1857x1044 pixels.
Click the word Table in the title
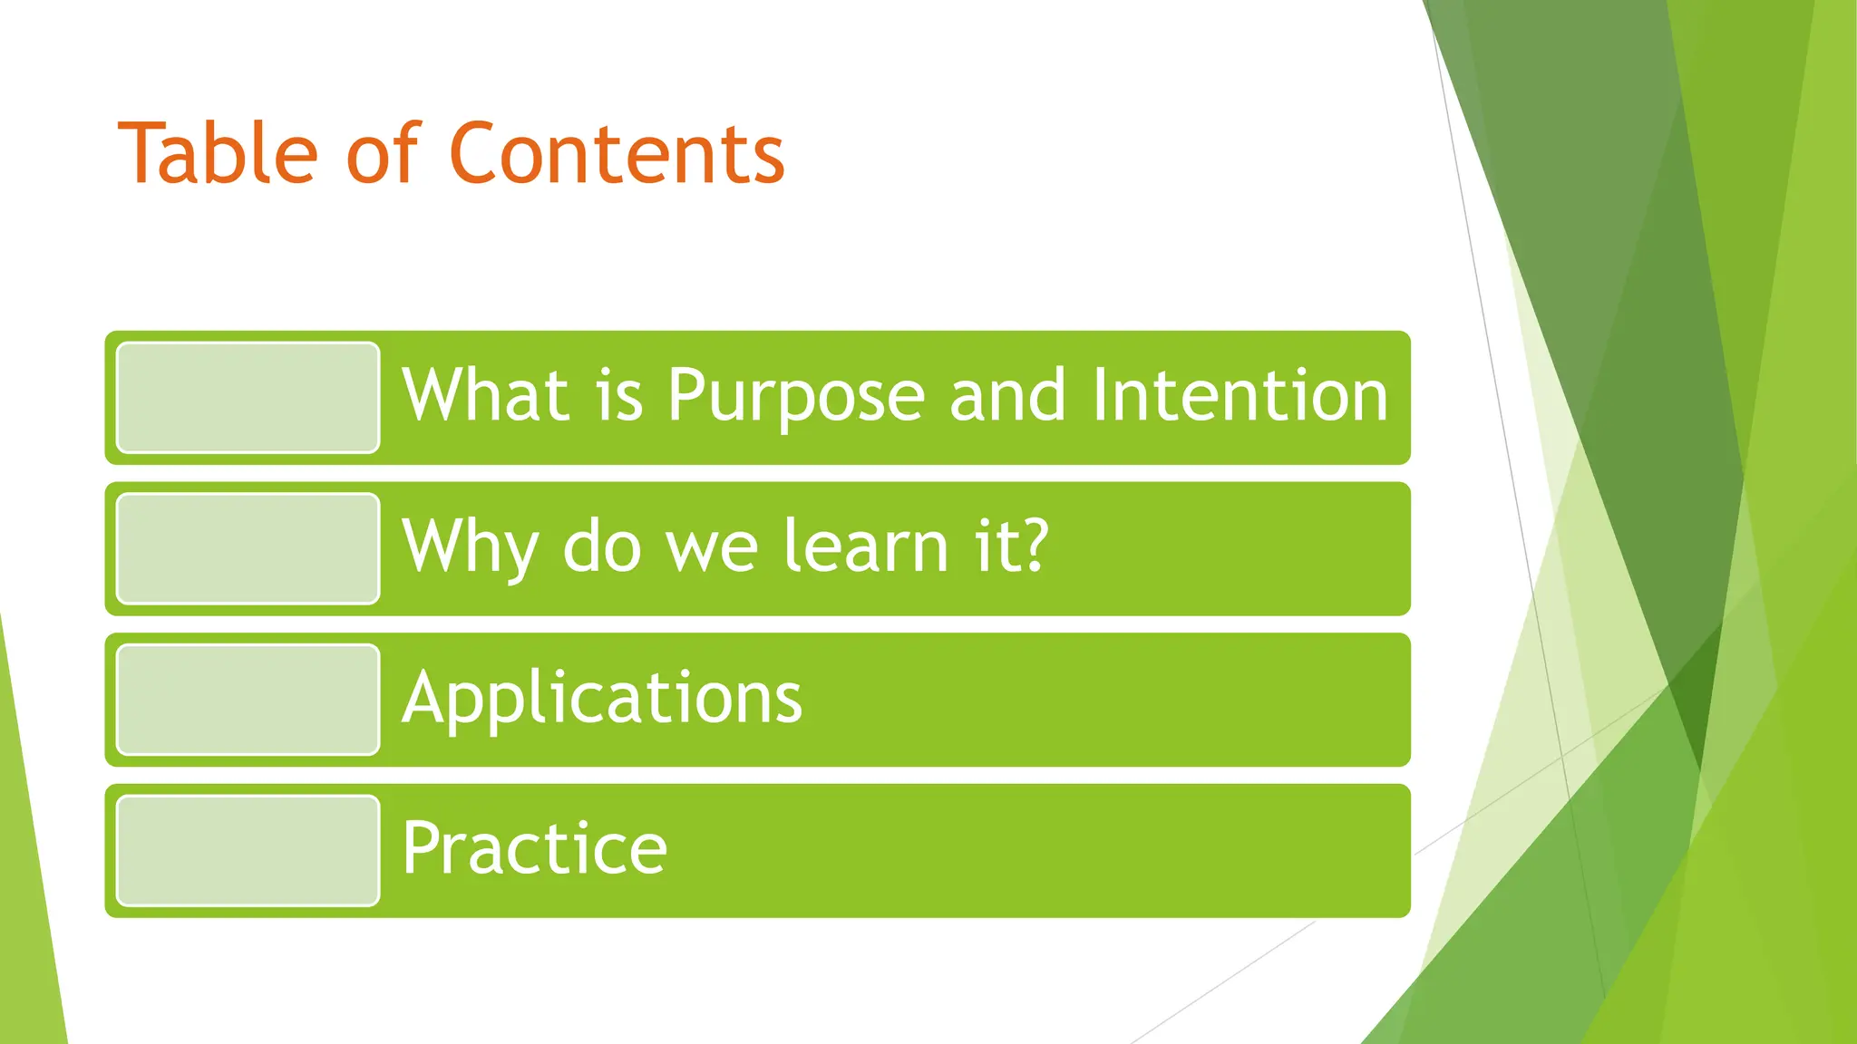(x=218, y=153)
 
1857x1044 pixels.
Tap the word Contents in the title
(x=617, y=153)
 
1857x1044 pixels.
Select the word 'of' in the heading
(x=383, y=153)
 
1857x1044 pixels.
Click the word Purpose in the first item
(x=796, y=396)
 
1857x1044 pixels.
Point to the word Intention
(x=1239, y=396)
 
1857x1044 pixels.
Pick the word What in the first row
(x=485, y=396)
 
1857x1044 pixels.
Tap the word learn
(x=866, y=547)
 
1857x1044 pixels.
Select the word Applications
(x=602, y=699)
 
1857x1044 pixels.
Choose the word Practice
(x=535, y=849)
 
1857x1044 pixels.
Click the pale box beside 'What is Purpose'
(x=248, y=397)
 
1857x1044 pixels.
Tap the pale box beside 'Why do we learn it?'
(x=248, y=548)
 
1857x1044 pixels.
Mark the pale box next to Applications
(x=248, y=700)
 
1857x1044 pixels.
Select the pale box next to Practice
(x=248, y=850)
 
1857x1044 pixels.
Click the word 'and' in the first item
(x=1006, y=396)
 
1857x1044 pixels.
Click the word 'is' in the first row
(x=619, y=396)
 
